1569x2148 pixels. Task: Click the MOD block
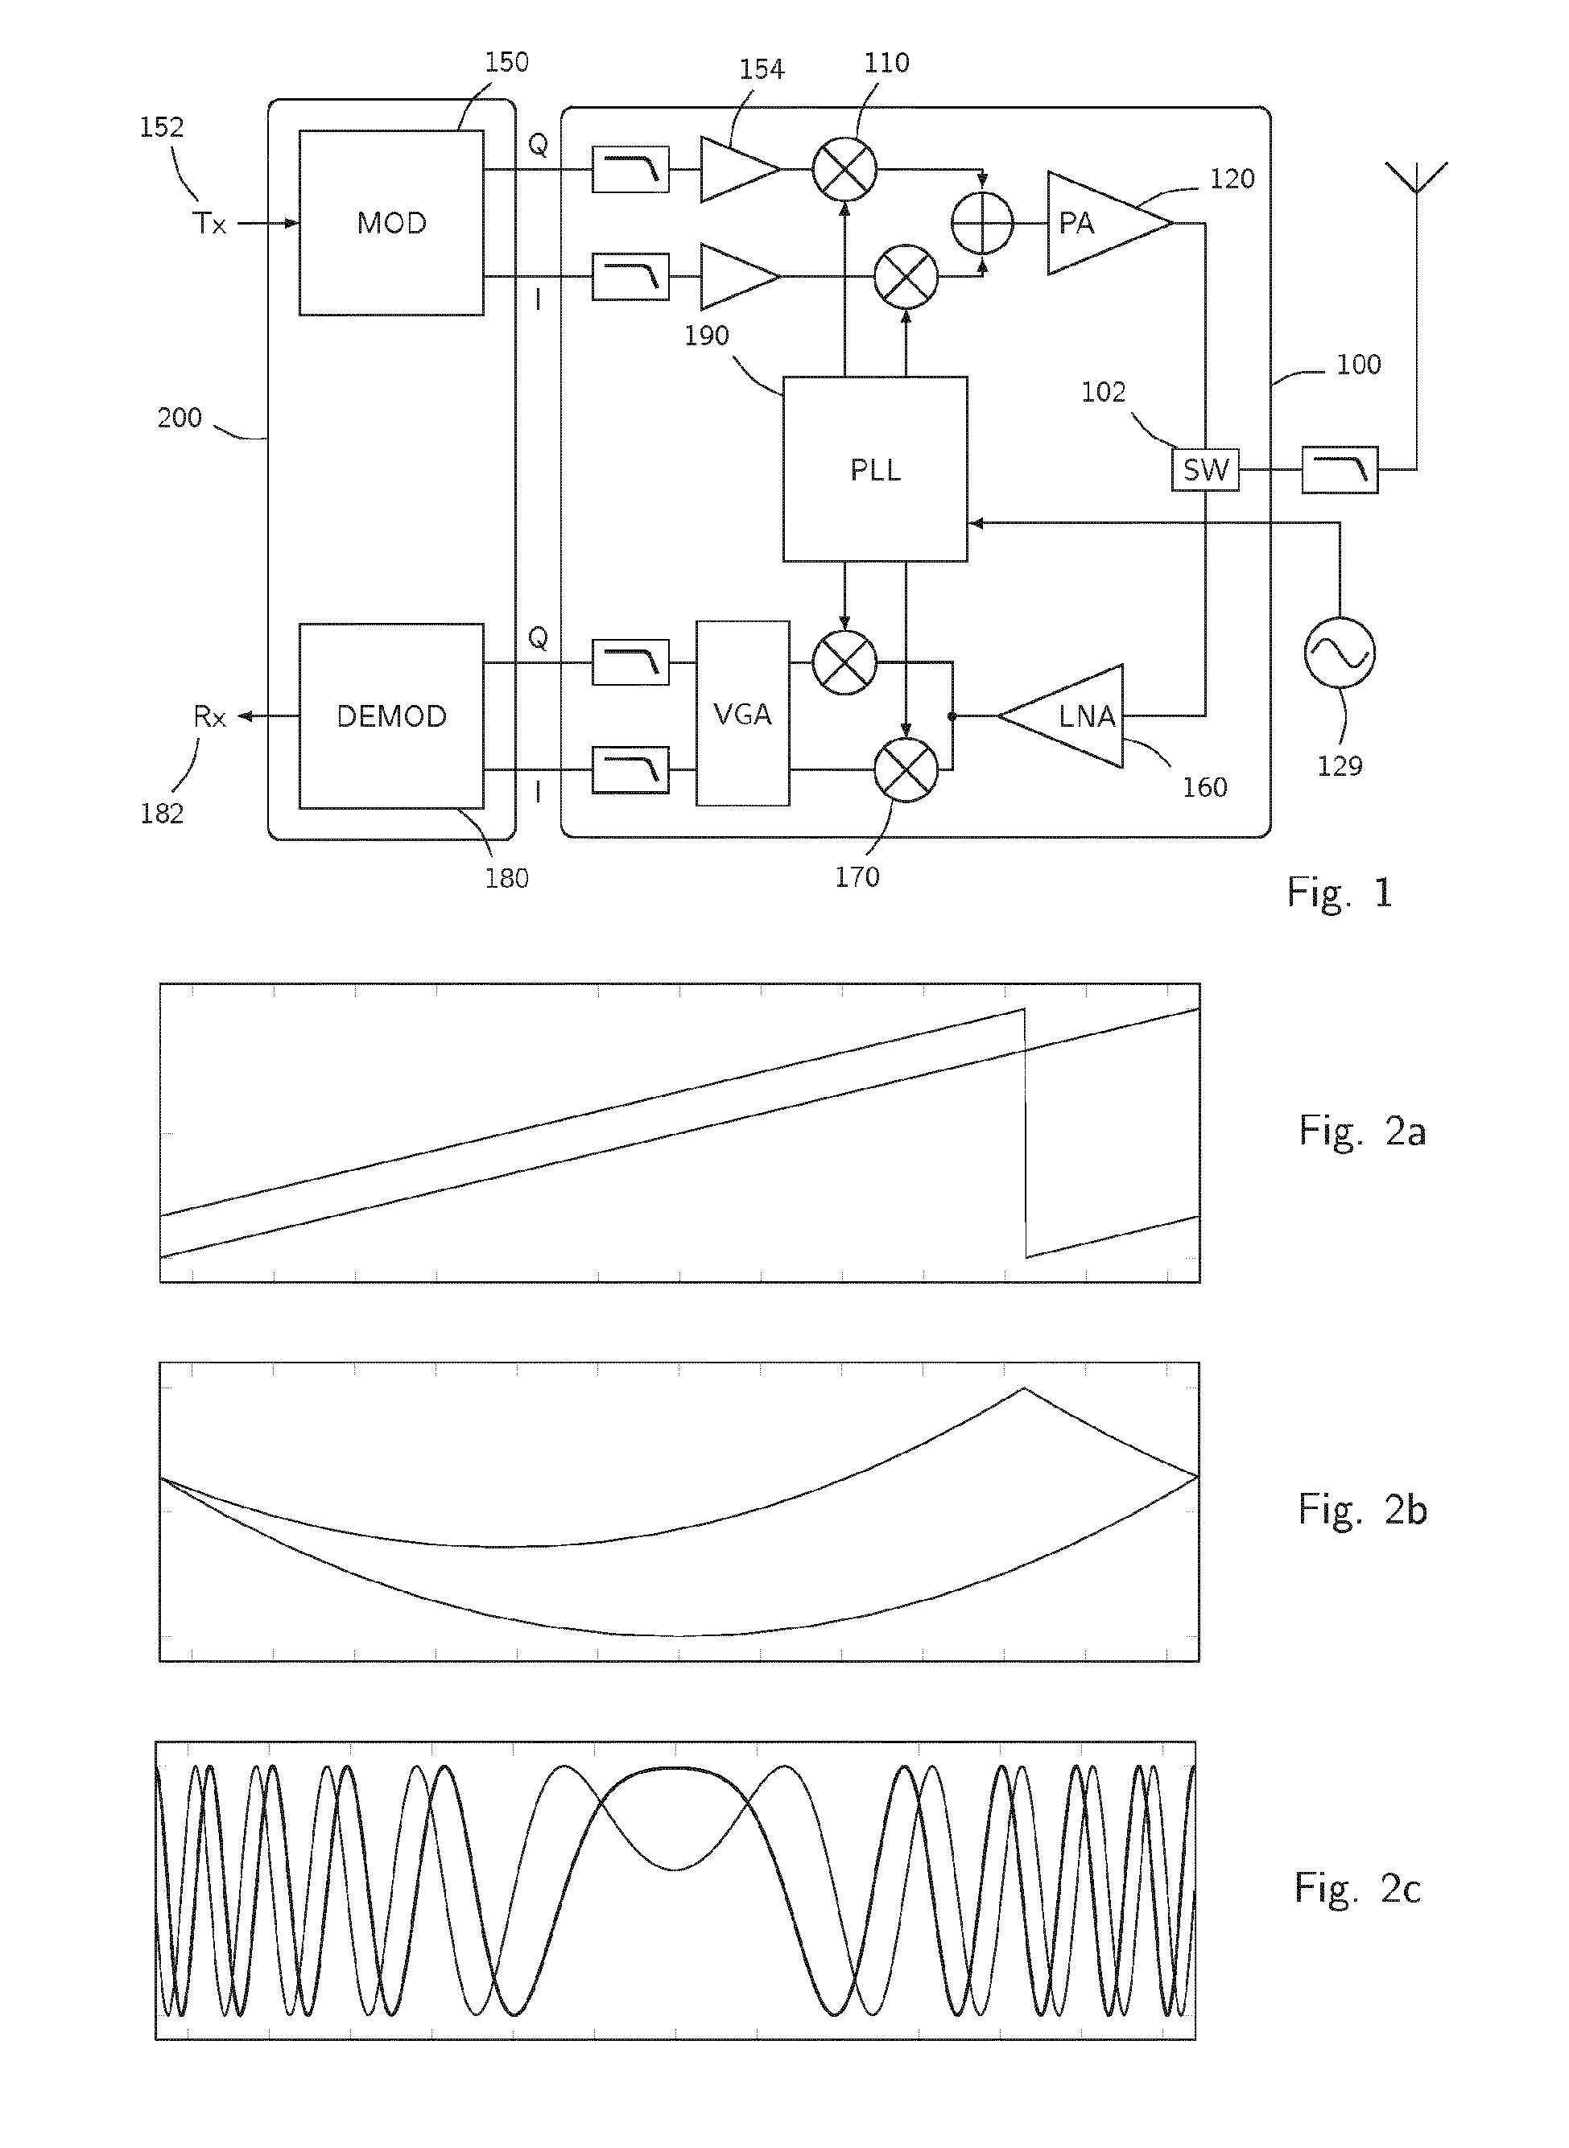click(391, 223)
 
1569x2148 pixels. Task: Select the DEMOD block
click(391, 716)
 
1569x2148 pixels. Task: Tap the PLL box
click(875, 469)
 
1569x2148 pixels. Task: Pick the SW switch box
click(1205, 469)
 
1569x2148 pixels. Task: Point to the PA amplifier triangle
click(1102, 223)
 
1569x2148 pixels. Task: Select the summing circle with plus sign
click(982, 223)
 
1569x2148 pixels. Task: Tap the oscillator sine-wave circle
click(1339, 653)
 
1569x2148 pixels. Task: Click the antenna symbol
click(1415, 180)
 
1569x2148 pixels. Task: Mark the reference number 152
click(162, 127)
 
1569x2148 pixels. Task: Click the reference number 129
click(1339, 766)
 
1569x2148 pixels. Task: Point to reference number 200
click(180, 418)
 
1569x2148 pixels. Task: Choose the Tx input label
click(209, 224)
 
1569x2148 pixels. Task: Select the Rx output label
click(209, 717)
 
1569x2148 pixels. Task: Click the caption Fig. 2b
click(1362, 1509)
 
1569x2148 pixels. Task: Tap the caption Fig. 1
click(1339, 893)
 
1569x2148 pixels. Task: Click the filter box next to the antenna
click(1339, 469)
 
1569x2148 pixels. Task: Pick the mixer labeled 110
click(844, 170)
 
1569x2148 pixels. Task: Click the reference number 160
click(1204, 787)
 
